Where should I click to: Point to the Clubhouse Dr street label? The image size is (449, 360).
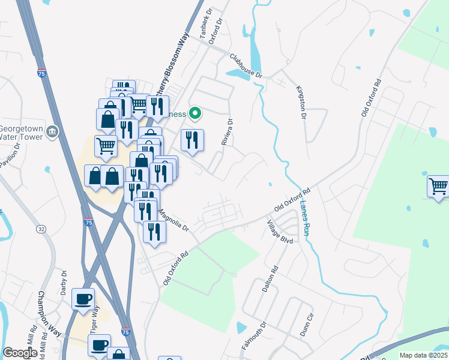[246, 65]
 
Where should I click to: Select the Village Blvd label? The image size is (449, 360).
[280, 232]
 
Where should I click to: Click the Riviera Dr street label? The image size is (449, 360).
[226, 131]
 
